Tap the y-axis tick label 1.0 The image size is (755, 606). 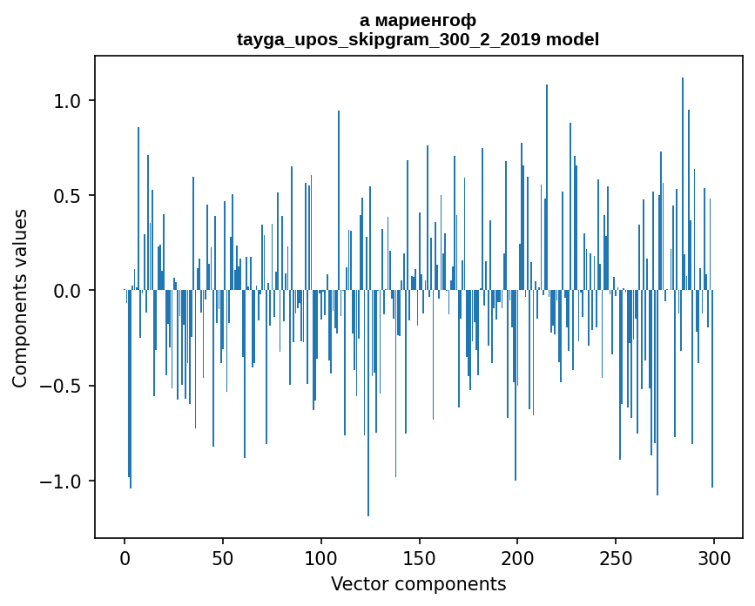pos(69,101)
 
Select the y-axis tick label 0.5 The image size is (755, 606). pos(69,196)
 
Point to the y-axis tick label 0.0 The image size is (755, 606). pos(69,291)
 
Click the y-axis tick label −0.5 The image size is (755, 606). pos(63,386)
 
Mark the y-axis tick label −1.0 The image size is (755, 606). pos(63,481)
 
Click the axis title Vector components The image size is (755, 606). pos(418,584)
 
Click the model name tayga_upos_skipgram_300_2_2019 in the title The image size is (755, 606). pos(388,39)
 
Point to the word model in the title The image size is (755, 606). pos(572,39)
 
